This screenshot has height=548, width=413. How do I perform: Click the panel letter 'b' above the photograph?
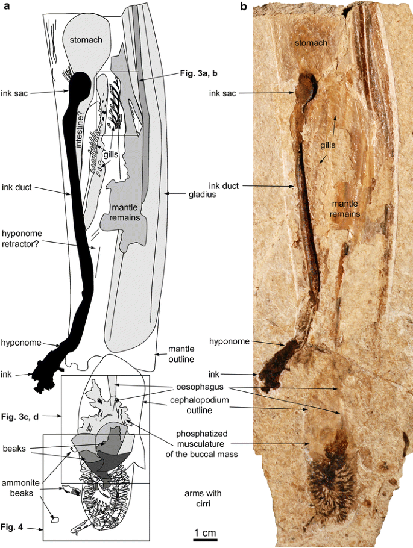click(244, 7)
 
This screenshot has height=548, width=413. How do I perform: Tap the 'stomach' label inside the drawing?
click(85, 40)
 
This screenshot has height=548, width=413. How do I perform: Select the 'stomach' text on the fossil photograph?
click(312, 43)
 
